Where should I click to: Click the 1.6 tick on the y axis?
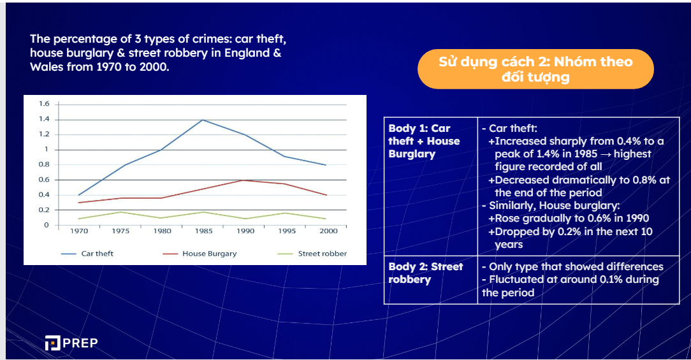click(x=44, y=104)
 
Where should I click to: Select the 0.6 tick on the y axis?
click(x=43, y=180)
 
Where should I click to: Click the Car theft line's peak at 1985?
click(x=202, y=120)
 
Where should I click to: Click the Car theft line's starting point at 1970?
click(x=79, y=195)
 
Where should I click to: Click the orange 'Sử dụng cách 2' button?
click(x=535, y=69)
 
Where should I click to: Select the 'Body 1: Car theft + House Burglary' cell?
click(x=430, y=141)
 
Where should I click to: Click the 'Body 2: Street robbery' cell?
click(x=430, y=273)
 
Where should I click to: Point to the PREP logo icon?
click(x=52, y=343)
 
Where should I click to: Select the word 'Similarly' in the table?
click(x=513, y=205)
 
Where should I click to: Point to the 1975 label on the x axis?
click(x=120, y=231)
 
